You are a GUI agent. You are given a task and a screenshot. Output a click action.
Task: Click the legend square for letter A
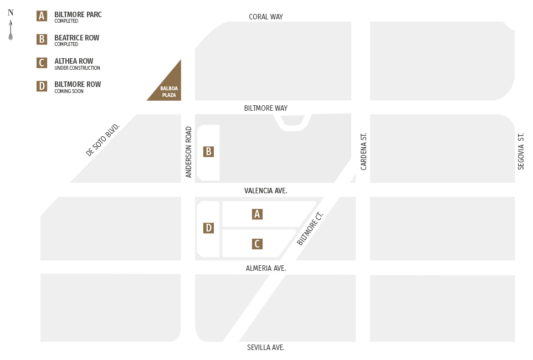coord(42,16)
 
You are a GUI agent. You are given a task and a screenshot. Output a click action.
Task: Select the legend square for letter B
coord(42,39)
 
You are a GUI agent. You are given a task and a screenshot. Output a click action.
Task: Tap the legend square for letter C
coord(42,63)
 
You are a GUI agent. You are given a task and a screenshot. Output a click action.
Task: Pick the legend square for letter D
coord(42,86)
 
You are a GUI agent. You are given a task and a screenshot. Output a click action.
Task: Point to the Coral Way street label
coord(266,17)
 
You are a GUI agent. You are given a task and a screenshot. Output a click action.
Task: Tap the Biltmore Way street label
coord(266,108)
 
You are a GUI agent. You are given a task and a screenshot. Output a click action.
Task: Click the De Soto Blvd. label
coord(102,140)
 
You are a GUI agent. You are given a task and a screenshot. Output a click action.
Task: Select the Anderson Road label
coord(189,152)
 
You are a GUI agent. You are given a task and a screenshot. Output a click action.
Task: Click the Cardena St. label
coord(364,151)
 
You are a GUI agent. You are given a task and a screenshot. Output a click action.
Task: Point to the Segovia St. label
coord(521,151)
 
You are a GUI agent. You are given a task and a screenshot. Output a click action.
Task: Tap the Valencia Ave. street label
coord(266,191)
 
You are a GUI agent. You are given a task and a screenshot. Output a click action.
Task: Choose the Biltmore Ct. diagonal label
coord(310,228)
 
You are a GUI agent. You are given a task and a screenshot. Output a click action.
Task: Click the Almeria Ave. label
coord(266,268)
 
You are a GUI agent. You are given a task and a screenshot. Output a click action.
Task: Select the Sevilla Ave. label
coord(266,347)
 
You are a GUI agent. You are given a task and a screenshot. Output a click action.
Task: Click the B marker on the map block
coord(208,152)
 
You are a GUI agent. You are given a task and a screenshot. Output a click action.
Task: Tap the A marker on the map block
coord(257,214)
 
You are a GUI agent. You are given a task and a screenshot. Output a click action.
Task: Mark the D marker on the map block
coord(208,228)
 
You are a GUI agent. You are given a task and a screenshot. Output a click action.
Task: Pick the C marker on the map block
coord(257,244)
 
